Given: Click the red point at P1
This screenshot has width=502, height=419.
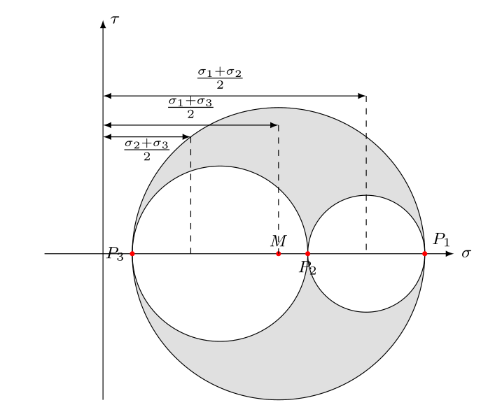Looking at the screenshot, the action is pos(424,254).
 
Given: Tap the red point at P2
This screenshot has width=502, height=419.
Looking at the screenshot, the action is pos(307,254).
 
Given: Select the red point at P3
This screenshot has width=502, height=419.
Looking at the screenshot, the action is pos(132,254).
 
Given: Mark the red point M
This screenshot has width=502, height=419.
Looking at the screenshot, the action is pos(278,254).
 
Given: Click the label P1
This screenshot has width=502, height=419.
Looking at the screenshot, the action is pos(441,239).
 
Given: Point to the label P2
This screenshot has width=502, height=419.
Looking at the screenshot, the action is pos(307,268).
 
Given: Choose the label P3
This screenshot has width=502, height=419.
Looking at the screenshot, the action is pos(115,254).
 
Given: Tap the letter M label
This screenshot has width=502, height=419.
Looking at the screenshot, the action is pos(278,241).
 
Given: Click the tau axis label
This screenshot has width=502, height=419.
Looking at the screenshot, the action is pos(115,20).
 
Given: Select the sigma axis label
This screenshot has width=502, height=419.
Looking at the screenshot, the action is pos(466,254).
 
